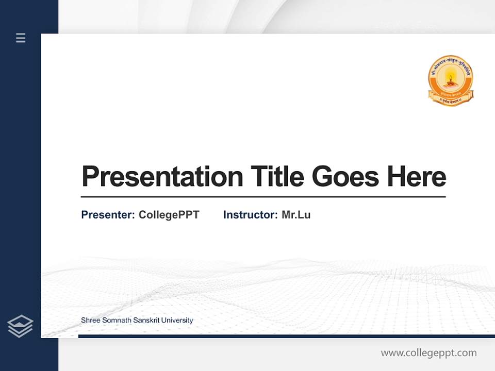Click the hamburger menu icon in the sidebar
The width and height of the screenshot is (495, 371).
(x=21, y=38)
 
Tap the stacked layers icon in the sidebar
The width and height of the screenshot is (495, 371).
(x=20, y=326)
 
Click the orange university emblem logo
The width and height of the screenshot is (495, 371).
(x=451, y=80)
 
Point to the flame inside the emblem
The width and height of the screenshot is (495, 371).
(x=451, y=78)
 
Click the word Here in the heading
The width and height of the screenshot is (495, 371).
(x=417, y=177)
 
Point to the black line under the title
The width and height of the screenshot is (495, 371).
(x=263, y=196)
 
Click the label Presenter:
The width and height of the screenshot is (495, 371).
(x=108, y=215)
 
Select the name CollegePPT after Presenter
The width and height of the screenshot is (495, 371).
(x=169, y=215)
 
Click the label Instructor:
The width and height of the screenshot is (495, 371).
(x=251, y=215)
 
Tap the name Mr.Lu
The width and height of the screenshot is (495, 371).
(x=296, y=215)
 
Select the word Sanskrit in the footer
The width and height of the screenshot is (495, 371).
(x=146, y=321)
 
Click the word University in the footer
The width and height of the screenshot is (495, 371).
(x=177, y=321)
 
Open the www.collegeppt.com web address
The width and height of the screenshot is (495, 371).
(x=428, y=353)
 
